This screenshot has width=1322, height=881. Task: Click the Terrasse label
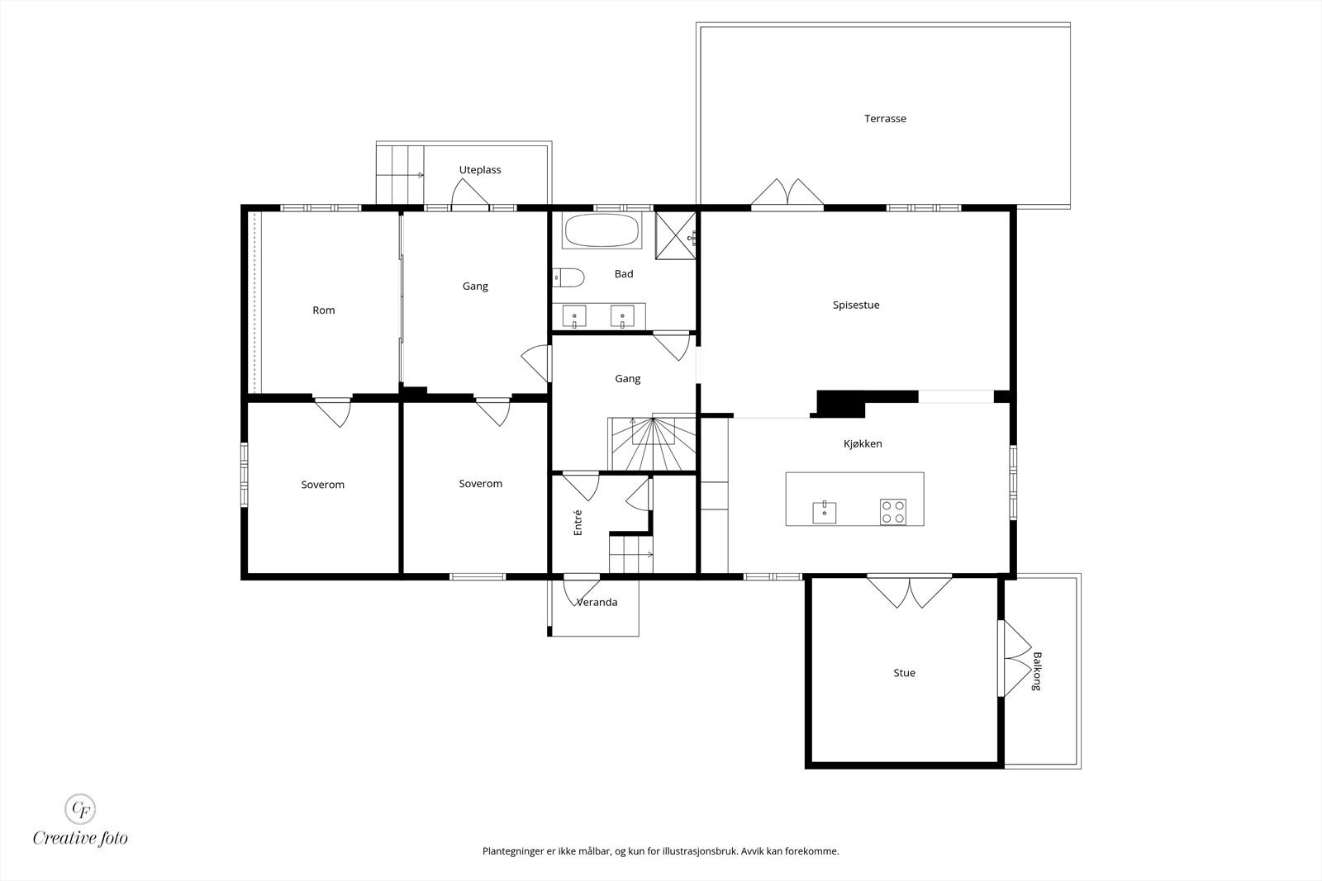(885, 119)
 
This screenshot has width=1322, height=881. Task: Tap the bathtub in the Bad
(602, 230)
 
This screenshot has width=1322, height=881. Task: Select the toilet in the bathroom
(568, 277)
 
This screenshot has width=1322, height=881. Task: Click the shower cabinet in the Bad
(676, 235)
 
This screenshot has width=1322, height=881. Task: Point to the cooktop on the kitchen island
(893, 512)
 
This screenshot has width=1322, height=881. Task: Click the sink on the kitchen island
(824, 512)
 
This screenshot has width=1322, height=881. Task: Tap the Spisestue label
(856, 306)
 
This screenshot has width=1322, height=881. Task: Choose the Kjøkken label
(863, 444)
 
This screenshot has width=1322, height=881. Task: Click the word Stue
(904, 673)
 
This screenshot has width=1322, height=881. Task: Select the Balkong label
(1037, 671)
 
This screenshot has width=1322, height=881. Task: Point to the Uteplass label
(480, 170)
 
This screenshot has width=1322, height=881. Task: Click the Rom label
(323, 310)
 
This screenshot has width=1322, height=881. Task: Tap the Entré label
(578, 523)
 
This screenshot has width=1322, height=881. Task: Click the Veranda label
(597, 602)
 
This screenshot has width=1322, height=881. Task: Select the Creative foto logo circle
(79, 809)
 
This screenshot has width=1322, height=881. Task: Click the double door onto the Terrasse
(787, 194)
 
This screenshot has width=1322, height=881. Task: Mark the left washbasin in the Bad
(573, 317)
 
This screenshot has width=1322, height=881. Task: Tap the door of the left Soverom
(333, 412)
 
